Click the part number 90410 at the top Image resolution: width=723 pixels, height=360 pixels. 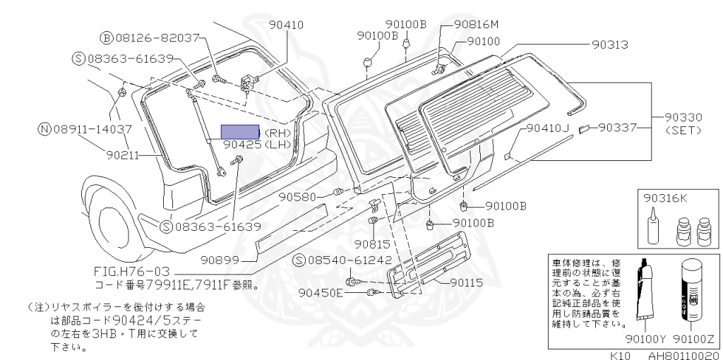point(286,25)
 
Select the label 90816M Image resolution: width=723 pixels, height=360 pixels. point(476,23)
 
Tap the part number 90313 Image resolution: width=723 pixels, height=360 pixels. point(609,44)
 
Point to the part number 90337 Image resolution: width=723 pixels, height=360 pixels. point(619,128)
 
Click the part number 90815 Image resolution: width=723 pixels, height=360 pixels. point(371,244)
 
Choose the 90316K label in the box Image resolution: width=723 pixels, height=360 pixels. point(665,199)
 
